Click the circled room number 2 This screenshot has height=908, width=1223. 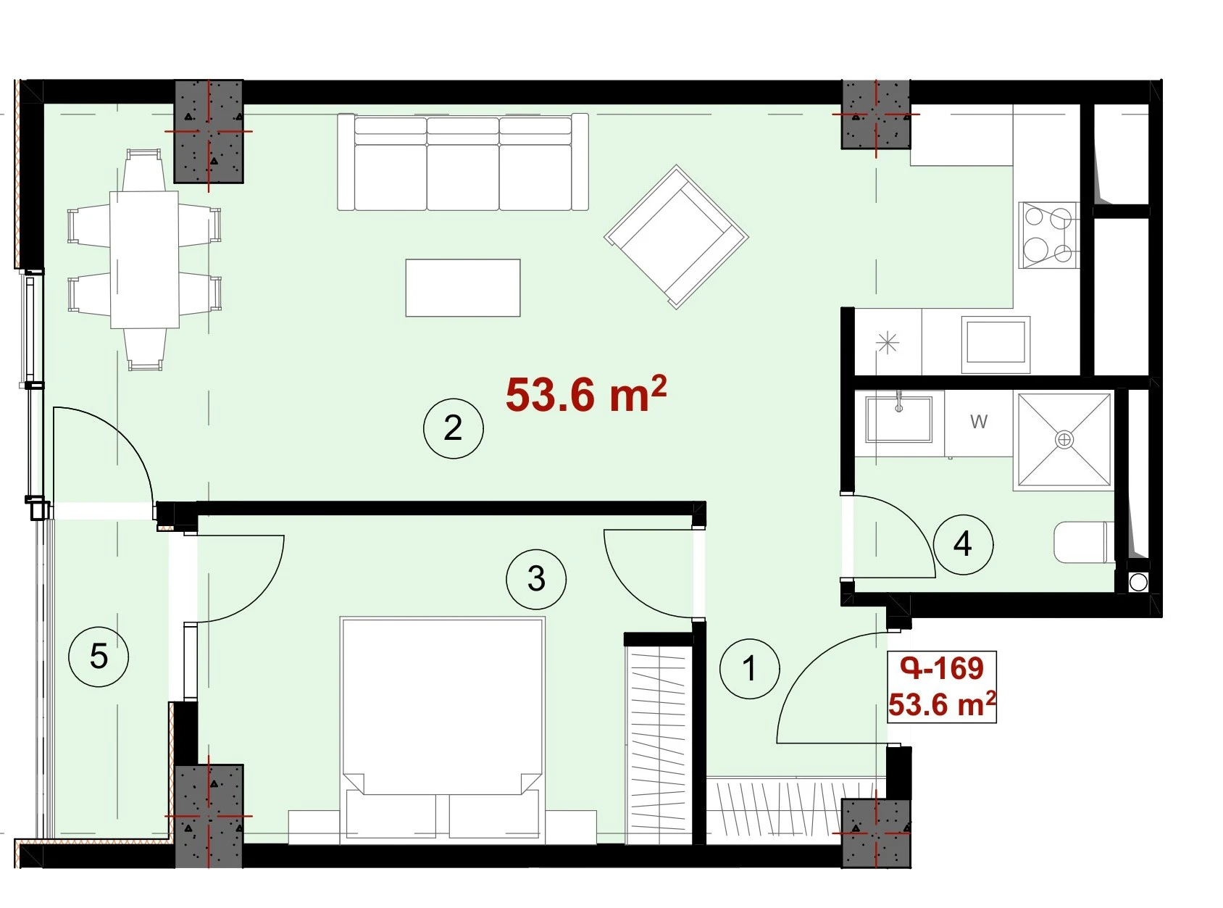(x=454, y=428)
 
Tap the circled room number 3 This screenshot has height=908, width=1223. (x=536, y=579)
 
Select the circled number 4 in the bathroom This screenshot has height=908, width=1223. (x=963, y=544)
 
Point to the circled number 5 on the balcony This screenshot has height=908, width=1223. (x=99, y=657)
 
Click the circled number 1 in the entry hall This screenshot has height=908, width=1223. (x=749, y=669)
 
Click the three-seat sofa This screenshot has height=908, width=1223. (x=463, y=162)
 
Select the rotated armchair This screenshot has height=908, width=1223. (x=677, y=237)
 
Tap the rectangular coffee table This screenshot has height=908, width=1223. (x=463, y=288)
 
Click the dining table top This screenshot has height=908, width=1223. (x=144, y=259)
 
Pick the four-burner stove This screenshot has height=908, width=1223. (x=1049, y=235)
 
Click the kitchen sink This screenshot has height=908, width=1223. (x=995, y=345)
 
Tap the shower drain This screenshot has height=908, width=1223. (x=1064, y=440)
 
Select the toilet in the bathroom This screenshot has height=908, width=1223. (x=1084, y=543)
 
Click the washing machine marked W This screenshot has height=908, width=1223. (x=979, y=423)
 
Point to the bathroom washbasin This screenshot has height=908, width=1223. (x=899, y=419)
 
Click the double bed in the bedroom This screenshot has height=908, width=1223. (x=442, y=730)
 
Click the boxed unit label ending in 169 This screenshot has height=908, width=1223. (x=942, y=687)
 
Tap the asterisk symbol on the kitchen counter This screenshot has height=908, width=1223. (x=888, y=343)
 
